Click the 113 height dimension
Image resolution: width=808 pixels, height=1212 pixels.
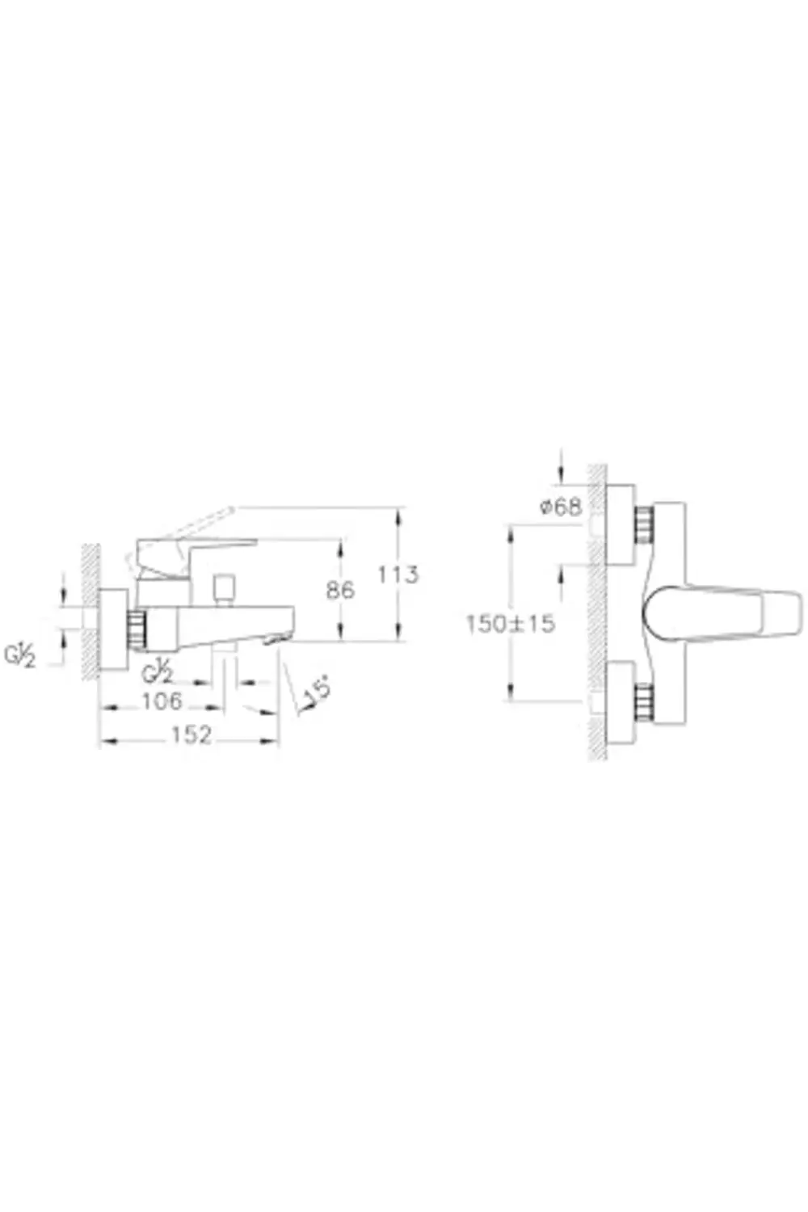tap(398, 574)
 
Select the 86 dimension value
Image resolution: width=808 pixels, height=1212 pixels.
tap(340, 590)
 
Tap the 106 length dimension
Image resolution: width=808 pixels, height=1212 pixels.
tap(162, 702)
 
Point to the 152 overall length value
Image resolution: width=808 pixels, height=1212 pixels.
tap(191, 734)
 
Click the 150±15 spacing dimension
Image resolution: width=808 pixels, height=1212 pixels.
tap(511, 624)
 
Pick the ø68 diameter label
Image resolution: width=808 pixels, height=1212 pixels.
tap(561, 507)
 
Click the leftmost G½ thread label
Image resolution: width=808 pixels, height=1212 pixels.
tap(20, 656)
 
